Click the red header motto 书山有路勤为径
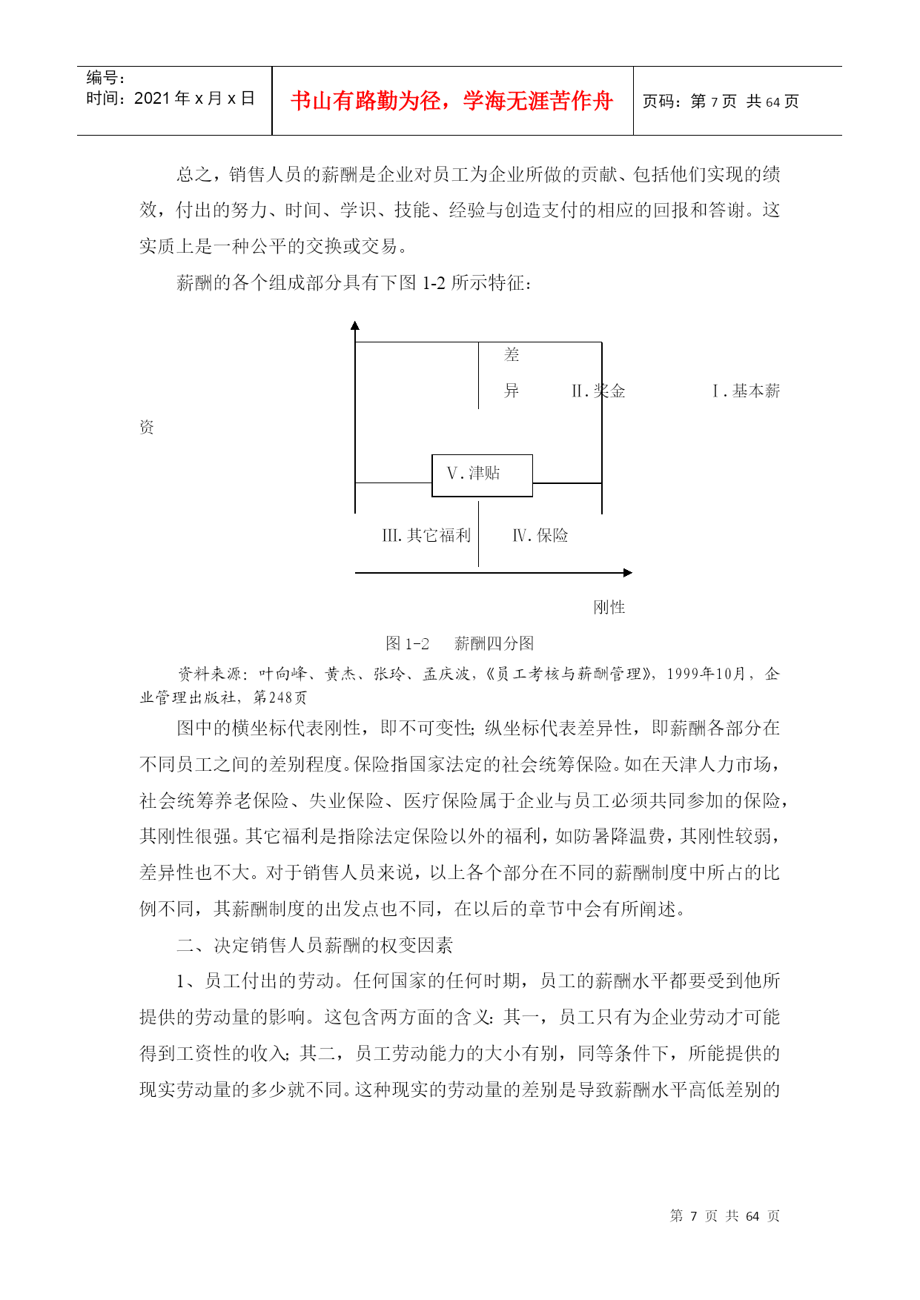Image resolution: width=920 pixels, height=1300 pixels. pyautogui.click(x=451, y=101)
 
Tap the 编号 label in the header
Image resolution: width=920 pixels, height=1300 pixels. pyautogui.click(x=105, y=78)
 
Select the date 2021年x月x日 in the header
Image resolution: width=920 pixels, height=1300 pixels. pyautogui.click(x=171, y=99)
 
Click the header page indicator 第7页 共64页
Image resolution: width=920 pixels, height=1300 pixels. pyautogui.click(x=721, y=102)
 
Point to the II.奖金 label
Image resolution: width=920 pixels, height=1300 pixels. pyautogui.click(x=598, y=391)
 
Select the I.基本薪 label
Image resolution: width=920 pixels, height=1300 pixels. pyautogui.click(x=746, y=391)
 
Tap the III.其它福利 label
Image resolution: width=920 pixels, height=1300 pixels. pyautogui.click(x=426, y=535)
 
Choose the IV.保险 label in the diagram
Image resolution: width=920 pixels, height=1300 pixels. pyautogui.click(x=540, y=535)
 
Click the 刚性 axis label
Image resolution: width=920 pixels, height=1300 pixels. pyautogui.click(x=609, y=607)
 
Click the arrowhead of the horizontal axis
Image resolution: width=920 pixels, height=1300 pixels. pyautogui.click(x=628, y=572)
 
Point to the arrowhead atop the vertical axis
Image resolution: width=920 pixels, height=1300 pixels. pyautogui.click(x=355, y=325)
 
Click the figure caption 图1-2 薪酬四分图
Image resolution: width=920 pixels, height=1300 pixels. pyautogui.click(x=460, y=643)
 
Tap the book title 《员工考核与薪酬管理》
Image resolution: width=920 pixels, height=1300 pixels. pyautogui.click(x=569, y=674)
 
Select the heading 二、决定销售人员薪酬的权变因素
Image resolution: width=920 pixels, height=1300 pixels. pyautogui.click(x=314, y=945)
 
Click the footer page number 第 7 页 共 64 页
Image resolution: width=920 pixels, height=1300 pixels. pyautogui.click(x=725, y=1216)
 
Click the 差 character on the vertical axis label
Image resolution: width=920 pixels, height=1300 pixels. pyautogui.click(x=512, y=355)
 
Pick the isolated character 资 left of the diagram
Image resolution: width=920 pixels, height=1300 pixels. pyautogui.click(x=147, y=427)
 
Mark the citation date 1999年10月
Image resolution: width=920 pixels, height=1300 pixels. pyautogui.click(x=705, y=674)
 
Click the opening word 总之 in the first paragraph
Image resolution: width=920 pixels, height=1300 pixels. pyautogui.click(x=194, y=175)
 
